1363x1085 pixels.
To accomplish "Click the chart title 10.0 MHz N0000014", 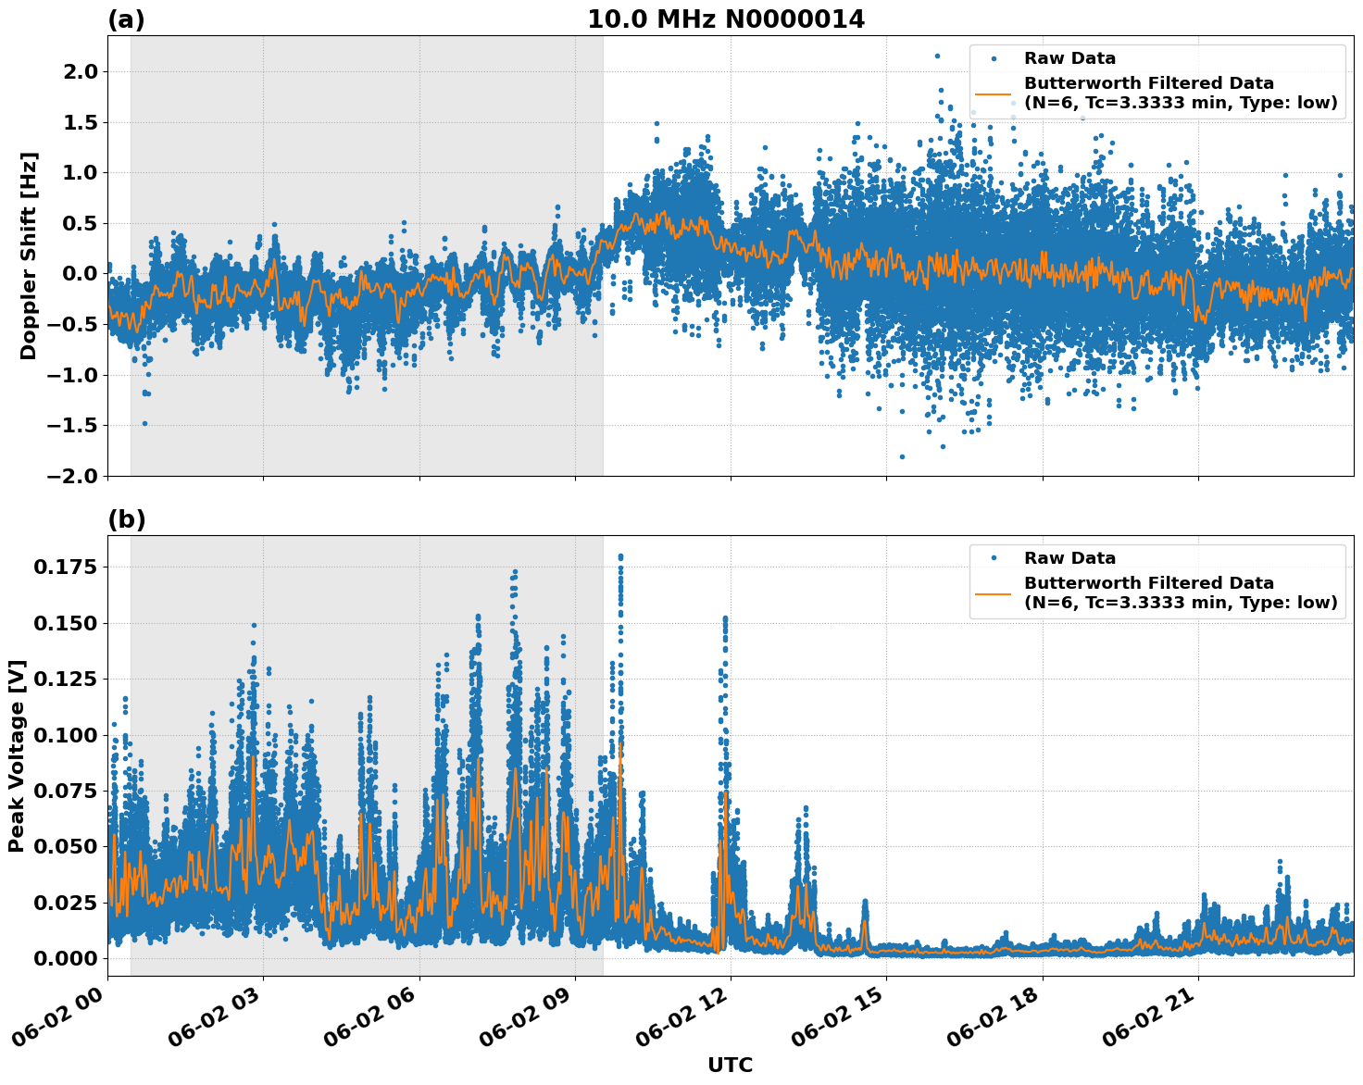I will (x=726, y=19).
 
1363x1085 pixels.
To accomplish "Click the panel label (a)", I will (x=126, y=19).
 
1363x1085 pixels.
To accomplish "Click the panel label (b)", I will (x=126, y=519).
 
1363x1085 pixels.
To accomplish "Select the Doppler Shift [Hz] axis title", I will (x=29, y=256).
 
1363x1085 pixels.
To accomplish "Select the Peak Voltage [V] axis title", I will (x=17, y=755).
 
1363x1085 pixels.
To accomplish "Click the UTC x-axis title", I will (x=730, y=1065).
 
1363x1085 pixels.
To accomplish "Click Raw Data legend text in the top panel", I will (x=1069, y=58).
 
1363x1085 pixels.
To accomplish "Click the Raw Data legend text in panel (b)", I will (x=1069, y=558).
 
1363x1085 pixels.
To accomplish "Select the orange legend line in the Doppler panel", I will (x=994, y=94).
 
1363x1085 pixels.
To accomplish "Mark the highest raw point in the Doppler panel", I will (x=937, y=56).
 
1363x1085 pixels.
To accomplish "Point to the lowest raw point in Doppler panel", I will (x=902, y=456).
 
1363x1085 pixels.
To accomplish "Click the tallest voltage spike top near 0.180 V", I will (x=620, y=557).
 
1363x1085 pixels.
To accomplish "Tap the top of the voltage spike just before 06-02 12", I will (x=725, y=617).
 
